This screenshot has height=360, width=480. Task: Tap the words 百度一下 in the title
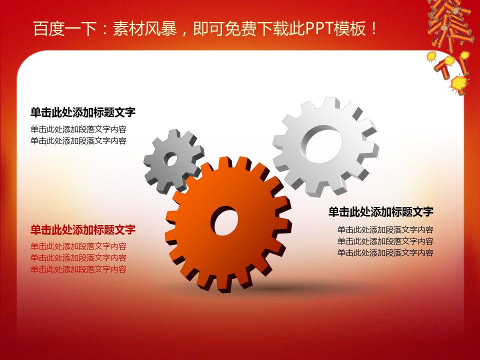65,29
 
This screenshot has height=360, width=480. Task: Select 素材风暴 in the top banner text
145,29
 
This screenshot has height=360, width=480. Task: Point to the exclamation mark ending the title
374,29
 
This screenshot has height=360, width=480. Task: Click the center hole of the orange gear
226,220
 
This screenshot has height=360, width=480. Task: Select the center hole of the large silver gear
322,144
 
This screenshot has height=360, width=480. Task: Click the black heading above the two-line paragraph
83,112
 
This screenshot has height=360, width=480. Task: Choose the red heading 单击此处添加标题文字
83,229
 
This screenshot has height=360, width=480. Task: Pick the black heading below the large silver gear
381,211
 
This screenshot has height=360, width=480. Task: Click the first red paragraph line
78,246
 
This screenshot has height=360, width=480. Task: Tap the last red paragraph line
78,269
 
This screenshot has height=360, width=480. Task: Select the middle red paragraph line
78,258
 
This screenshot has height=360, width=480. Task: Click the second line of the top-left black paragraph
78,141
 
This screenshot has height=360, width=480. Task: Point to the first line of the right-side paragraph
385,230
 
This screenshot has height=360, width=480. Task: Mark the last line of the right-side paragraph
385,253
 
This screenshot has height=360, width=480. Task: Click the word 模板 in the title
350,29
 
